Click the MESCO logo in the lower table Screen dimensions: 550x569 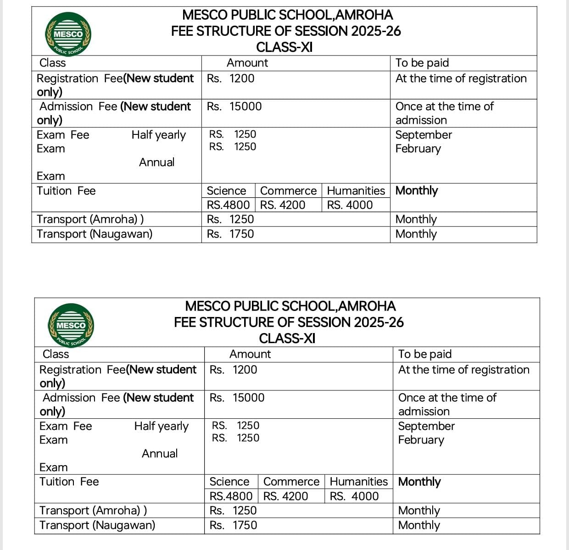click(72, 325)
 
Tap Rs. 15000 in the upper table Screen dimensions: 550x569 click(234, 106)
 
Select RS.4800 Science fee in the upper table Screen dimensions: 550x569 click(228, 205)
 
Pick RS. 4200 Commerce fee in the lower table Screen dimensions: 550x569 click(285, 496)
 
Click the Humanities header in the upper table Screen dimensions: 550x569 click(356, 191)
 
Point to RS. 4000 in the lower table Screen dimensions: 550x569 click(354, 496)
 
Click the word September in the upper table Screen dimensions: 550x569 click(424, 135)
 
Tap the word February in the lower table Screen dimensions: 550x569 click(421, 440)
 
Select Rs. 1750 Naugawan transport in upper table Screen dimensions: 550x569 click(230, 234)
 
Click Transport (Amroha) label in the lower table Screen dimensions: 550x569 click(93, 511)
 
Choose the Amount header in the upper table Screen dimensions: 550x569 click(247, 63)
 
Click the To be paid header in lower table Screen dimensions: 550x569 click(425, 354)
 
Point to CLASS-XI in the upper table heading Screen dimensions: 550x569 click(284, 47)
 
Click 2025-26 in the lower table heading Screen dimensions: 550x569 click(379, 322)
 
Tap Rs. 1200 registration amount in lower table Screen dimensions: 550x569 click(233, 370)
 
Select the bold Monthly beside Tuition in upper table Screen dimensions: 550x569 click(417, 191)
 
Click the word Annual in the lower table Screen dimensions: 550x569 click(160, 454)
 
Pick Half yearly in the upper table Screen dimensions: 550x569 click(158, 135)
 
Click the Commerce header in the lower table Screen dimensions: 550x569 click(291, 482)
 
